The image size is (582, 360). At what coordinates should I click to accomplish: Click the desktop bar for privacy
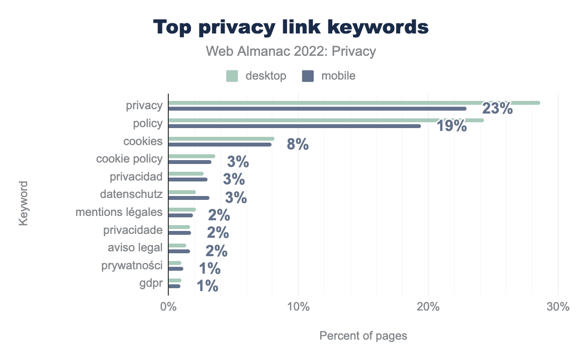pos(354,103)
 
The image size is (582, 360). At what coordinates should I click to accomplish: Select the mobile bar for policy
pos(294,126)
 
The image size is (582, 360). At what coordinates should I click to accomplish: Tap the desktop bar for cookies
pos(221,139)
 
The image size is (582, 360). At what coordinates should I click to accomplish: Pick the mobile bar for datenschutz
pos(189,198)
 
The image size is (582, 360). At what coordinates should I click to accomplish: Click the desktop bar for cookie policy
pos(192,156)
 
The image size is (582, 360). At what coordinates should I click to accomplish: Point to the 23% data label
pos(497,108)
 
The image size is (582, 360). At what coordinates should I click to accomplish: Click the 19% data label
pos(451,126)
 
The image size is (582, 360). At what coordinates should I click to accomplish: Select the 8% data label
pos(298,145)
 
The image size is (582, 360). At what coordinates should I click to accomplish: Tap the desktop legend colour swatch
pos(232,76)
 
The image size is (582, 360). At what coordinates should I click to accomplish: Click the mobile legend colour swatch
pos(308,76)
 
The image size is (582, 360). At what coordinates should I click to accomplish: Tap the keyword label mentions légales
pos(119,212)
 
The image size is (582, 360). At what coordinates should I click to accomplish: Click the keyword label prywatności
pos(132,265)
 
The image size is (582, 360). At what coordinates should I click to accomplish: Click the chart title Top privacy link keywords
pos(291,27)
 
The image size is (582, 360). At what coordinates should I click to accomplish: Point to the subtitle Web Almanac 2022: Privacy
pos(291,51)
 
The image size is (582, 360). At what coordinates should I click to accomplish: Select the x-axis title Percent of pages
pos(363,336)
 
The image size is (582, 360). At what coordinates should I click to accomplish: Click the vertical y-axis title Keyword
pos(23,203)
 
